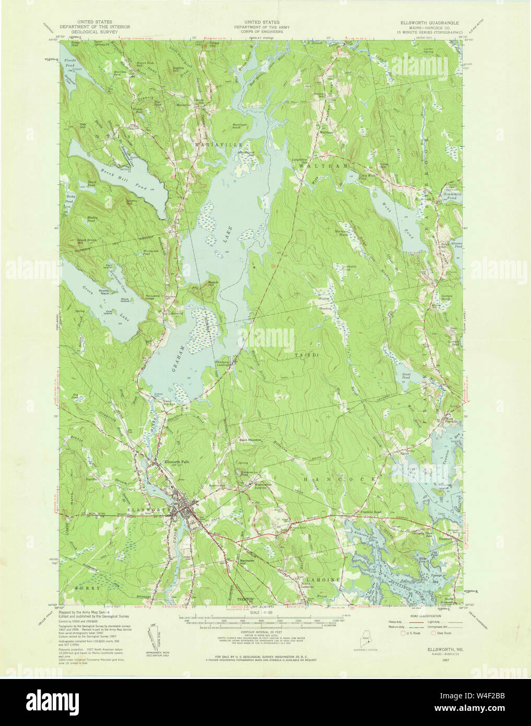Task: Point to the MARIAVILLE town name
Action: tap(213, 143)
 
